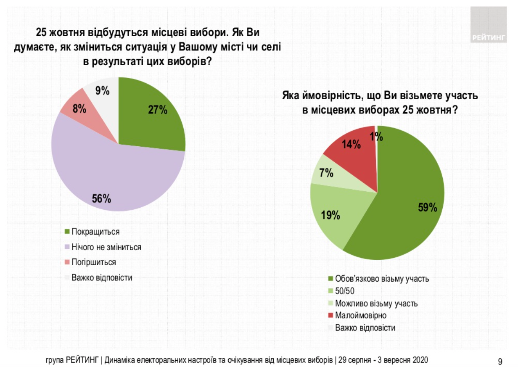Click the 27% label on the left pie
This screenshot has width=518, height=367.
pyautogui.click(x=158, y=110)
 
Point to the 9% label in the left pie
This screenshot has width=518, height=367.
pyautogui.click(x=102, y=91)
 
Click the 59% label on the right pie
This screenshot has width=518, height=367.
pyautogui.click(x=428, y=208)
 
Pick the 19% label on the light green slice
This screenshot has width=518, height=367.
pyautogui.click(x=331, y=216)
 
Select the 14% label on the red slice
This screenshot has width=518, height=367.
pyautogui.click(x=352, y=145)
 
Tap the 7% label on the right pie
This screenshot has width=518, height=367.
pyautogui.click(x=327, y=172)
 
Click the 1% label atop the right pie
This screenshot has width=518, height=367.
pyautogui.click(x=376, y=136)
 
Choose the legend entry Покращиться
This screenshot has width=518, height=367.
pyautogui.click(x=95, y=232)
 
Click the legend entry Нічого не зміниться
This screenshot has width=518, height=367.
pyautogui.click(x=106, y=247)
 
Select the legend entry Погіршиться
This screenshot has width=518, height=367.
pyautogui.click(x=93, y=262)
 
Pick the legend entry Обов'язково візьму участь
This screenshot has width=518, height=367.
pyautogui.click(x=381, y=278)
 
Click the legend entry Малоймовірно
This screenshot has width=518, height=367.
pyautogui.click(x=360, y=316)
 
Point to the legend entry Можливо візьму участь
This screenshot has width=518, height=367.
pyautogui.click(x=376, y=303)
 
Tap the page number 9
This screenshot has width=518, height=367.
pyautogui.click(x=500, y=361)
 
